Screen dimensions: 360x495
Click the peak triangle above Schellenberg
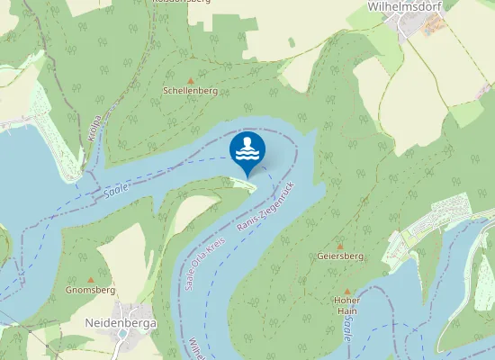click(x=190, y=80)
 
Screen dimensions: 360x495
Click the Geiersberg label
click(x=340, y=256)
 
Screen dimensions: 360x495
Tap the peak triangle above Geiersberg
click(x=340, y=246)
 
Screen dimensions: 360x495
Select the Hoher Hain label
click(x=346, y=305)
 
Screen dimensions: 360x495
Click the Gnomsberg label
click(x=90, y=291)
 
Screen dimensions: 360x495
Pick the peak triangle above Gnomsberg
click(x=90, y=279)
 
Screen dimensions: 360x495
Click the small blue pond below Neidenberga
click(x=121, y=335)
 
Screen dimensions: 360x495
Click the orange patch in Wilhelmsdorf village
click(x=434, y=26)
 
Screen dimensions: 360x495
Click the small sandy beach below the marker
click(x=244, y=184)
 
